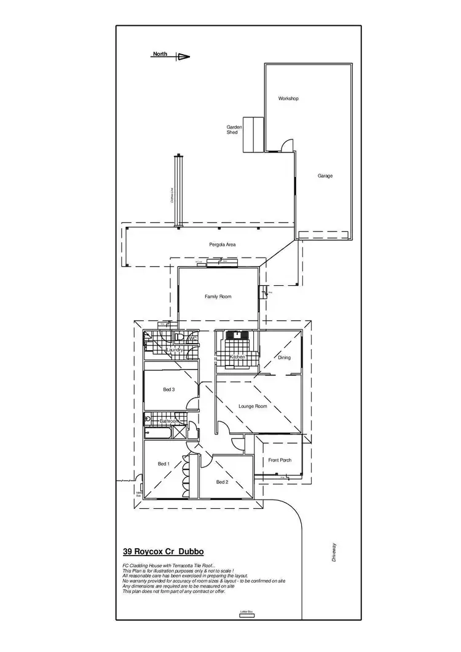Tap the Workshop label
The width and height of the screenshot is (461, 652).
(x=288, y=98)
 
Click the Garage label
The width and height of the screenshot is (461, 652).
(x=325, y=176)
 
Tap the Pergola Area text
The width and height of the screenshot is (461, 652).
(x=223, y=245)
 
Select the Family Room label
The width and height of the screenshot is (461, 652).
(x=218, y=296)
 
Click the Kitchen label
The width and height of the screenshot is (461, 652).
(x=237, y=357)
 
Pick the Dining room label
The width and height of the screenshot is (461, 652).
(x=284, y=358)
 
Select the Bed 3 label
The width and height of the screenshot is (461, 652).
(x=169, y=390)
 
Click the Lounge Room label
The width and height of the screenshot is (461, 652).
(x=253, y=406)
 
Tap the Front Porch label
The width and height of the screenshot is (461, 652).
(x=280, y=460)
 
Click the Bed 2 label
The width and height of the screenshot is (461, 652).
(x=223, y=482)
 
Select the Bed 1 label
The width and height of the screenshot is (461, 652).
(x=164, y=463)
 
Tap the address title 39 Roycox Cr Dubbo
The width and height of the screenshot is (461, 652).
(x=164, y=552)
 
